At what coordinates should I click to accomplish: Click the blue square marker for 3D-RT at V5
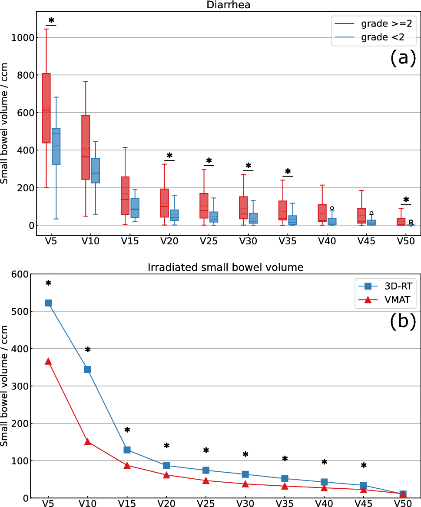coord(48,303)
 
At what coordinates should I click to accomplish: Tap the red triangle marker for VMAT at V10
coord(88,442)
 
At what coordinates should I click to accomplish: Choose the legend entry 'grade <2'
coord(369,37)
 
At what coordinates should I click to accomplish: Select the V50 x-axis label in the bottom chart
coord(403,504)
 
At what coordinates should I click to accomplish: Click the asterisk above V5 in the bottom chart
coord(48,284)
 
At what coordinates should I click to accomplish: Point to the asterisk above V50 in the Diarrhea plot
coord(406,200)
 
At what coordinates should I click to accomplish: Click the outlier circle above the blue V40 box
coord(332,209)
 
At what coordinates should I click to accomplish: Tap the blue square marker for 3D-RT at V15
coord(127,450)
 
